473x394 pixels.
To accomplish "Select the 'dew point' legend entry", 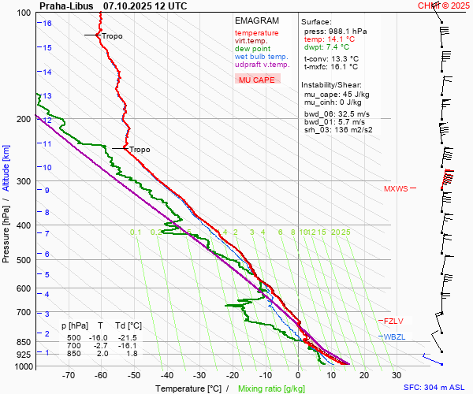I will pyautogui.click(x=252, y=49).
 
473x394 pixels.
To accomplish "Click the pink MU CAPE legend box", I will pyautogui.click(x=257, y=80).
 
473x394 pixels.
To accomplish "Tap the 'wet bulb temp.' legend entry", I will pyautogui.click(x=261, y=57).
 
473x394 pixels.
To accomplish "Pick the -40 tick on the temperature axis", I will pyautogui.click(x=166, y=375).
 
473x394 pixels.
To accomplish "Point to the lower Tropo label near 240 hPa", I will pyautogui.click(x=139, y=149).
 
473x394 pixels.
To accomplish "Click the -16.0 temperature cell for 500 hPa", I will pyautogui.click(x=100, y=338).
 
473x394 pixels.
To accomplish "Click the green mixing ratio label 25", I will pyautogui.click(x=345, y=232).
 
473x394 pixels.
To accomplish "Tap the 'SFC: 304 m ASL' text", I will pyautogui.click(x=436, y=388).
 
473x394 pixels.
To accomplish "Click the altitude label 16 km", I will pyautogui.click(x=47, y=23).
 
